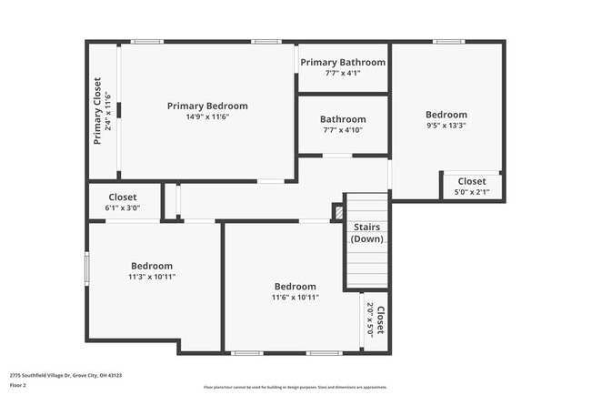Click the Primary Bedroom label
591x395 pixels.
206,106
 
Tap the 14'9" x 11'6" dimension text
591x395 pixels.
206,116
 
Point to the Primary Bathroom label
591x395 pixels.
343,62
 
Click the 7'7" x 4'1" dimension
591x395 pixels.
343,73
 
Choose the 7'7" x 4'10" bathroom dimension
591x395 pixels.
343,130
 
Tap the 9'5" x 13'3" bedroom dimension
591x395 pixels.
446,126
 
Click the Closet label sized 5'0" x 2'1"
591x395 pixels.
471,181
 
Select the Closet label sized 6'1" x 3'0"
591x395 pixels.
122,197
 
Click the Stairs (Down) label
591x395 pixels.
367,233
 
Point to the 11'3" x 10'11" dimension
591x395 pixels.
151,277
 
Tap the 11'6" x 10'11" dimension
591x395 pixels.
295,297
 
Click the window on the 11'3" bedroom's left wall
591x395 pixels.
87,268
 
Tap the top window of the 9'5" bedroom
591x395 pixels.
447,41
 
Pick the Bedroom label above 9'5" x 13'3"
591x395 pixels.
446,115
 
